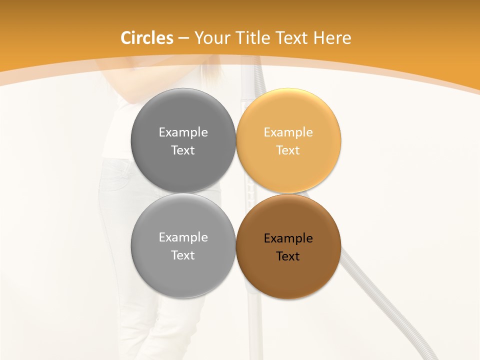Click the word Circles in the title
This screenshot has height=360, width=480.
(x=147, y=38)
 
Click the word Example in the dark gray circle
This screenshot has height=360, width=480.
(x=183, y=132)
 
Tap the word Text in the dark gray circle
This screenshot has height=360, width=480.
(x=183, y=150)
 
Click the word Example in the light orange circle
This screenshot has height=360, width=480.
(x=288, y=132)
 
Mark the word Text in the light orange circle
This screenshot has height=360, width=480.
(x=288, y=150)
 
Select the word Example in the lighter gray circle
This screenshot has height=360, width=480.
(x=183, y=237)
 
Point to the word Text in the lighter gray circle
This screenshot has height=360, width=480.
(x=183, y=255)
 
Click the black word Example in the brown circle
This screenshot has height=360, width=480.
(x=288, y=238)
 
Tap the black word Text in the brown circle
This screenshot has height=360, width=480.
(x=288, y=256)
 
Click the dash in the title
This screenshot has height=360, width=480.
(x=183, y=38)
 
